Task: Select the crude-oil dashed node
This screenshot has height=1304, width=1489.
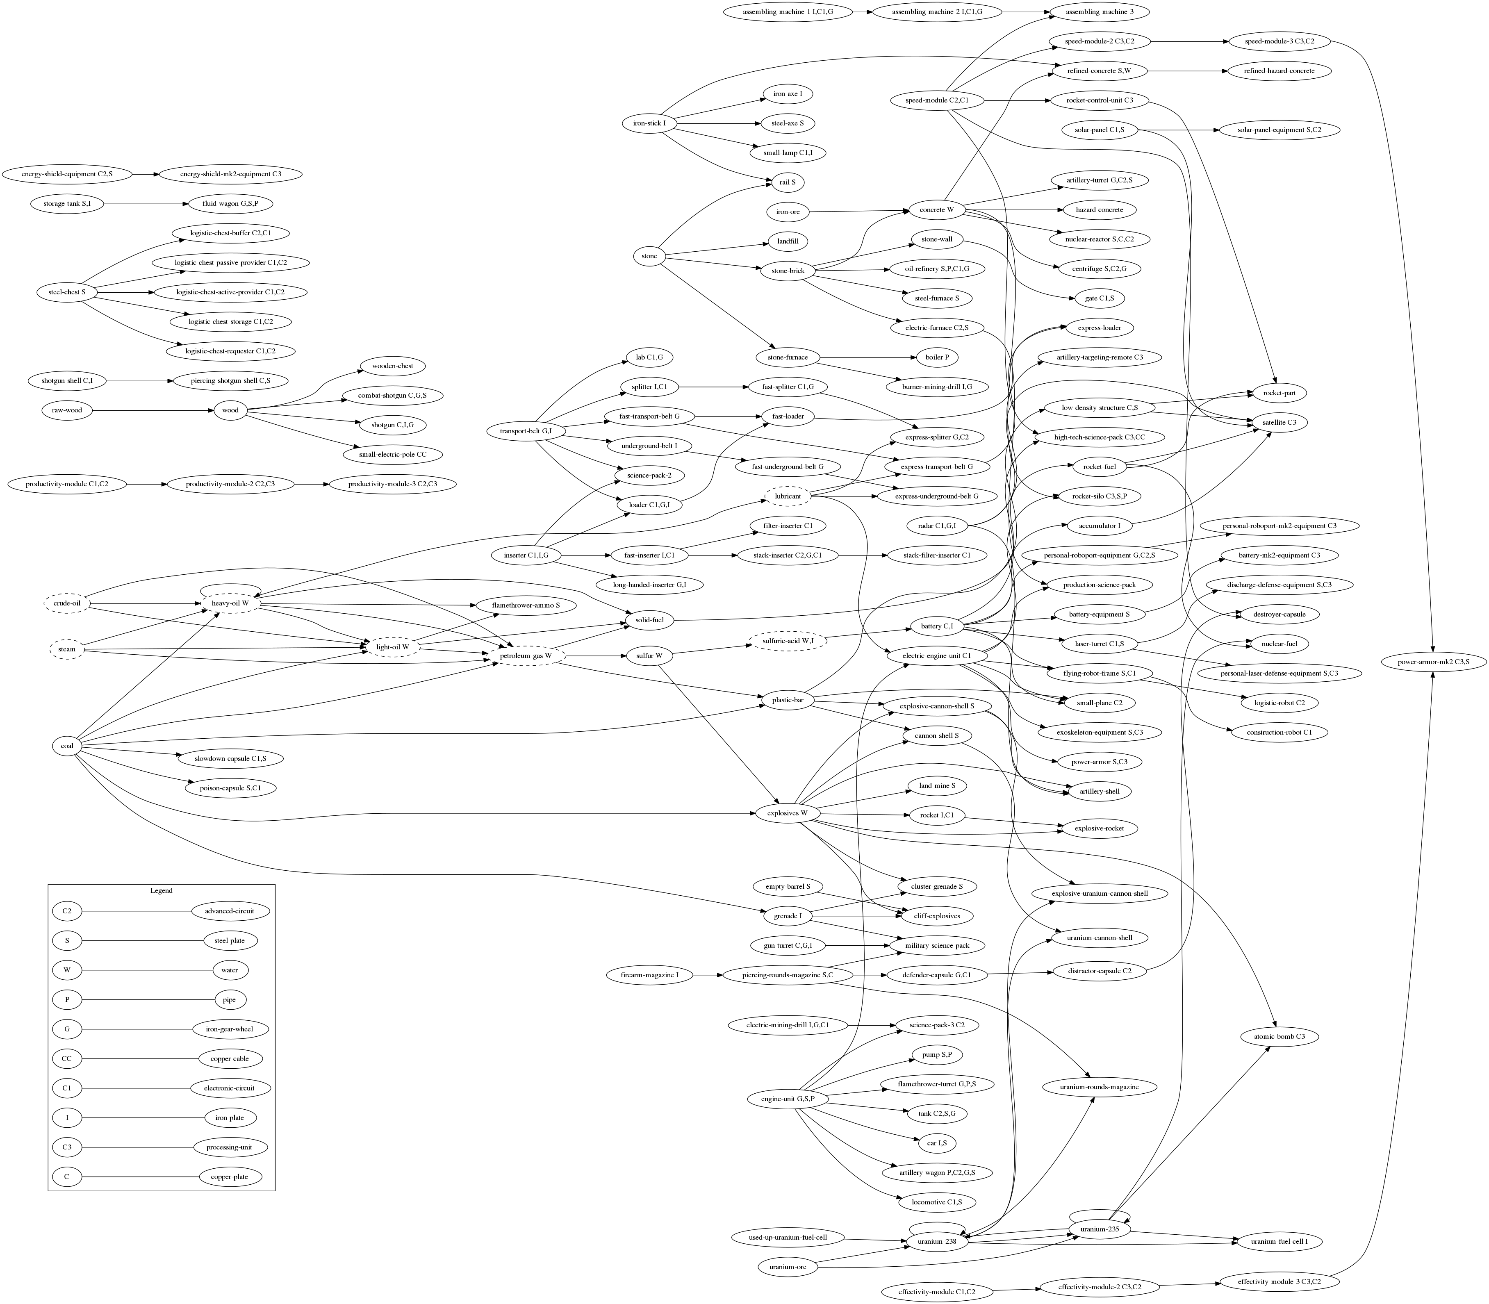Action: pos(67,603)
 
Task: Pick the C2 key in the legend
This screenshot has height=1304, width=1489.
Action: pos(67,910)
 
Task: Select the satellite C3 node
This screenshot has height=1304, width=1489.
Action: pos(1279,422)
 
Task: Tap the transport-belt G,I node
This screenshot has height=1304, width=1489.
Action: pos(526,432)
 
